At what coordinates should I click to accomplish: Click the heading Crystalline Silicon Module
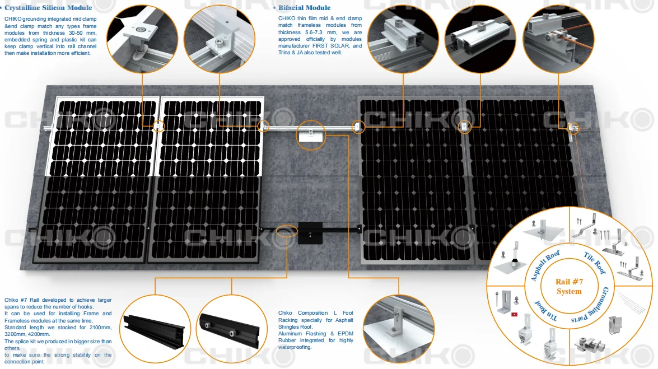[48, 7]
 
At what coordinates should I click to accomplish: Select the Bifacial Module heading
[304, 7]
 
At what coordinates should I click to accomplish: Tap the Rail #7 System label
[569, 286]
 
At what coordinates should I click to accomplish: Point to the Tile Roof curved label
[595, 263]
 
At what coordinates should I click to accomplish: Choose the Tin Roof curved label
[545, 311]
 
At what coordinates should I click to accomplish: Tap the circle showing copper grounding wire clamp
[558, 39]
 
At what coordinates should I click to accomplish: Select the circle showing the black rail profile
[155, 329]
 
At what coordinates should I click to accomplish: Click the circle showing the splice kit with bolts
[232, 329]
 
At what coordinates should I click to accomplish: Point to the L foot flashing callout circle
[399, 329]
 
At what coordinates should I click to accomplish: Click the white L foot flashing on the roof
[311, 136]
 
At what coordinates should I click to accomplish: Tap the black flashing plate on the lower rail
[310, 233]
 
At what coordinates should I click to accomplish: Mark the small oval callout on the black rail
[287, 231]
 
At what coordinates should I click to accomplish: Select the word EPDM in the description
[346, 333]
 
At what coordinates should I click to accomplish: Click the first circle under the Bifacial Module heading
[403, 39]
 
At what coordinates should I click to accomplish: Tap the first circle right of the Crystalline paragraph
[142, 39]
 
